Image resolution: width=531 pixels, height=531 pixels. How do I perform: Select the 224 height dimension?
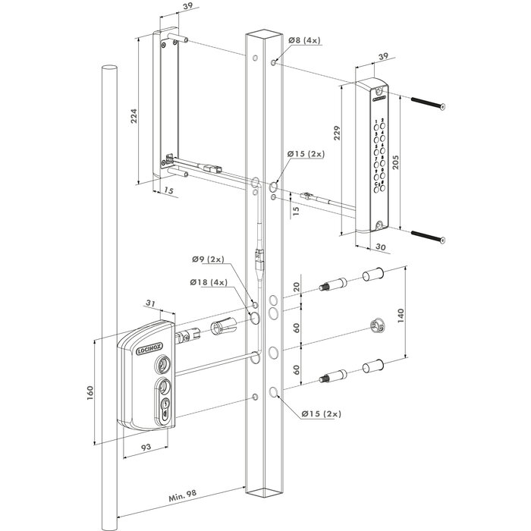pyautogui.click(x=133, y=115)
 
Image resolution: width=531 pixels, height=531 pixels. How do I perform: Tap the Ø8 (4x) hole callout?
pyautogui.click(x=303, y=41)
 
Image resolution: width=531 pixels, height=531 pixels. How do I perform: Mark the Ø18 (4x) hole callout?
pyautogui.click(x=209, y=283)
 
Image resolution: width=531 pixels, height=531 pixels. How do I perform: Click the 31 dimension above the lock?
pyautogui.click(x=151, y=304)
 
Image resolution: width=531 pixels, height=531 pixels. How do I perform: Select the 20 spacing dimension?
pyautogui.click(x=295, y=287)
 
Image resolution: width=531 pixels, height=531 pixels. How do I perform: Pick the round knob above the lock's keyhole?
pyautogui.click(x=162, y=365)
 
